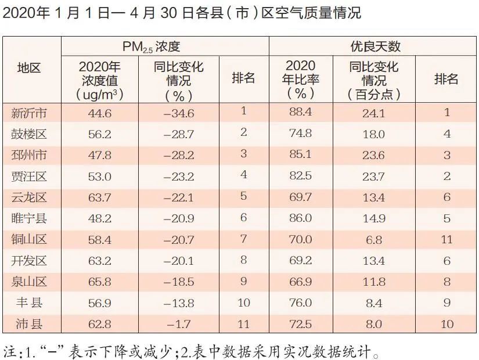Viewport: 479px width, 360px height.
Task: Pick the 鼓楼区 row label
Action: coord(30,134)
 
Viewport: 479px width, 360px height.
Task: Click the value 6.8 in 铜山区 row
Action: coord(374,239)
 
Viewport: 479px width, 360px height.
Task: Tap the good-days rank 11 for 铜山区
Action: coord(446,239)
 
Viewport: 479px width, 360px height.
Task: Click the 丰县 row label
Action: coord(30,303)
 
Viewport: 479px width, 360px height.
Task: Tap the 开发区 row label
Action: coord(30,260)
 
